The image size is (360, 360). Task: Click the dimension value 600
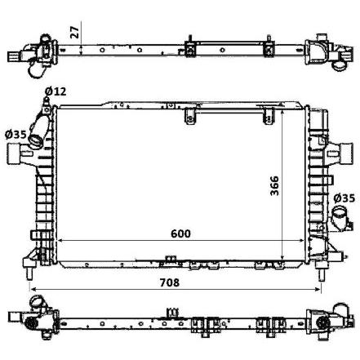pyautogui.click(x=180, y=233)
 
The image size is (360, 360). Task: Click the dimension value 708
pyautogui.click(x=170, y=282)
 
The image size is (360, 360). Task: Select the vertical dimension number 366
pyautogui.click(x=274, y=186)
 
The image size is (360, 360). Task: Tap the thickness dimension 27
pyautogui.click(x=74, y=32)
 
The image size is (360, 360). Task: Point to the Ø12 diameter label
pyautogui.click(x=56, y=91)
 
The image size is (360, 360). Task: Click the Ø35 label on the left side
pyautogui.click(x=16, y=135)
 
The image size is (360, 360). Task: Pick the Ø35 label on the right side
pyautogui.click(x=344, y=198)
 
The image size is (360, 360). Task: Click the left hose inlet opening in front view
pyautogui.click(x=36, y=141)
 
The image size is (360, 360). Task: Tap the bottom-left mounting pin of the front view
pyautogui.click(x=29, y=273)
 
